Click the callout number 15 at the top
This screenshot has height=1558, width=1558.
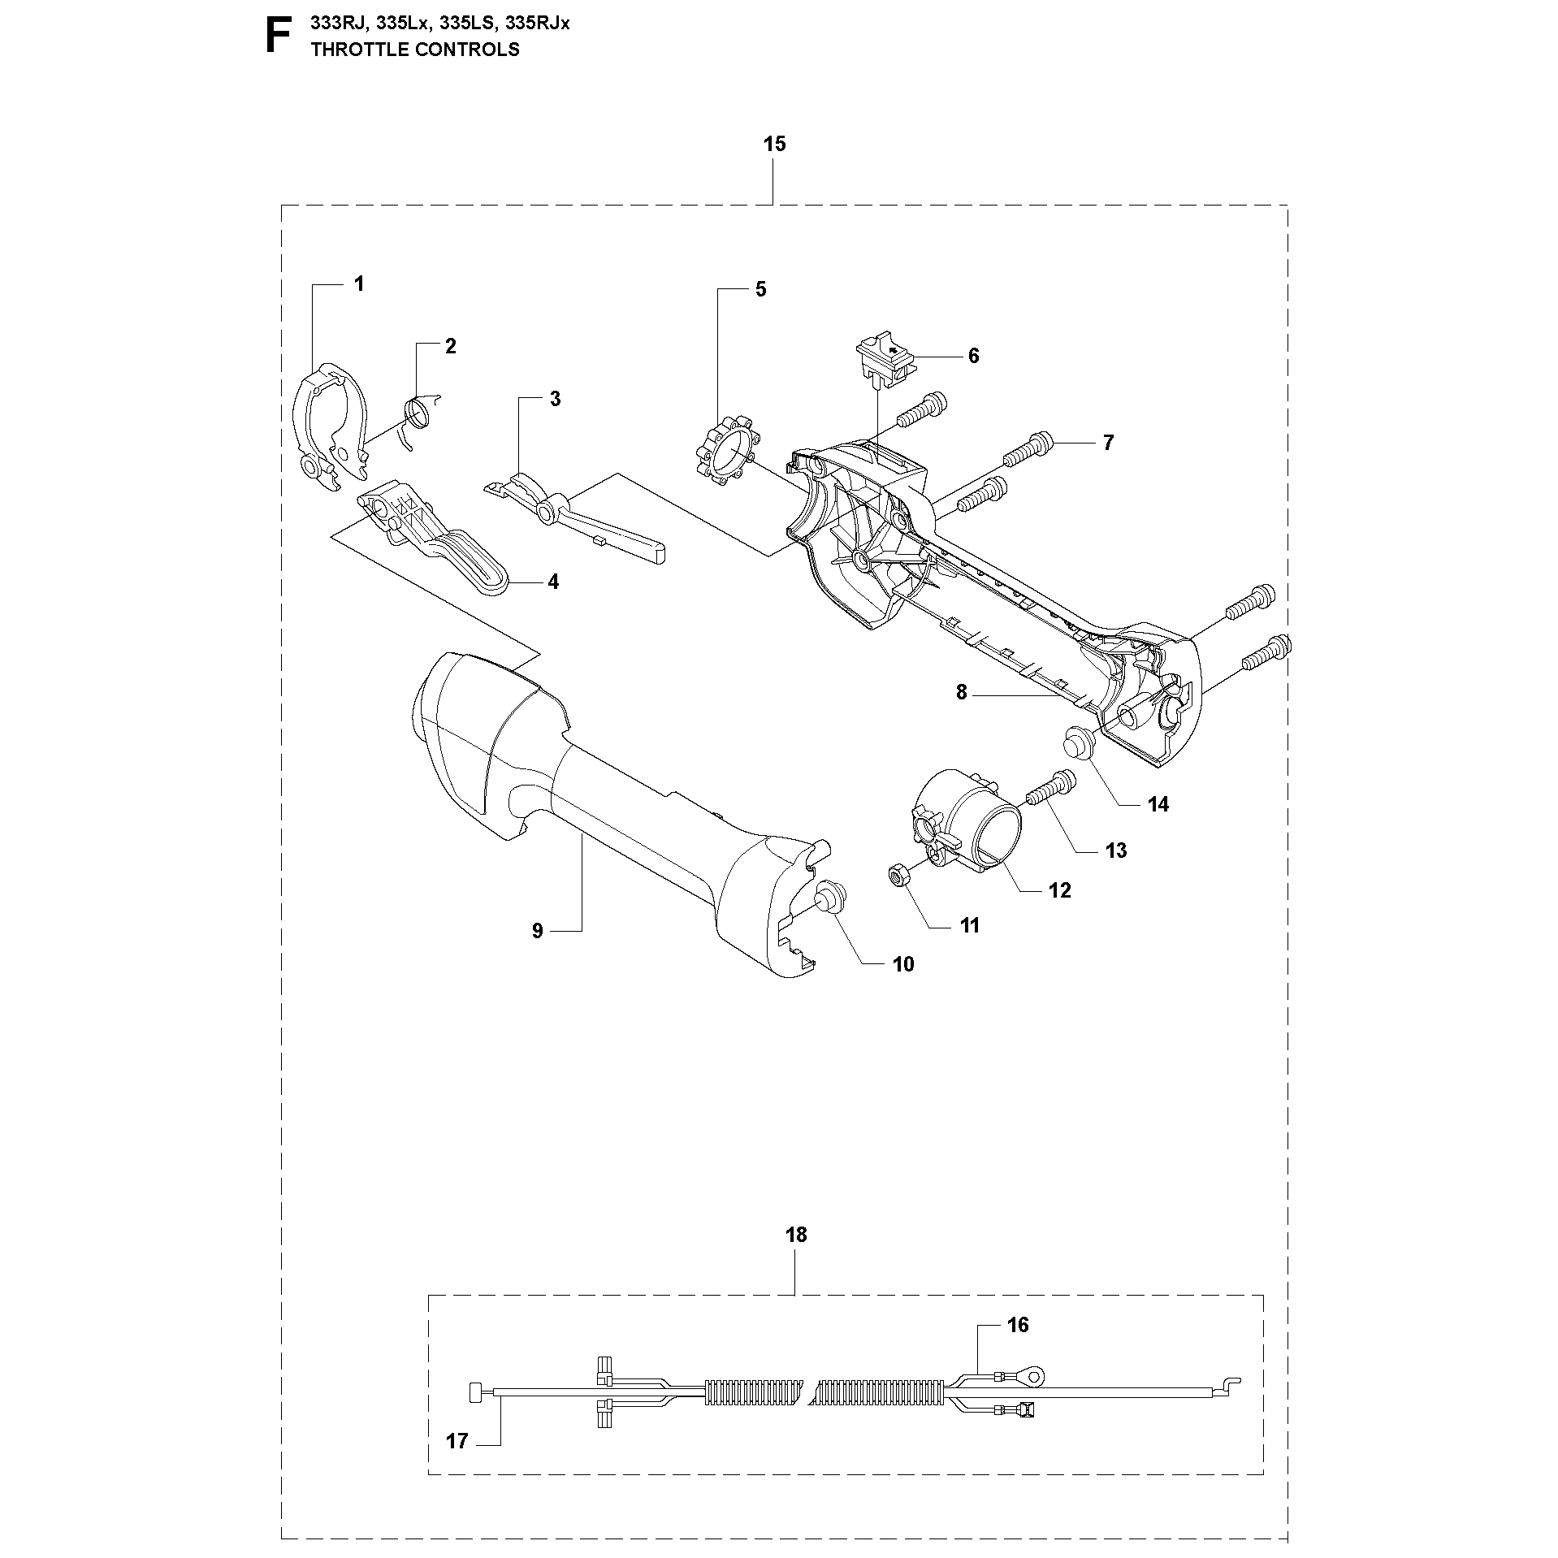click(x=774, y=145)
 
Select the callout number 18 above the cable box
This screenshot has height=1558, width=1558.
click(x=796, y=1236)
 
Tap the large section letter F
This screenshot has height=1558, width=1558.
click(x=278, y=36)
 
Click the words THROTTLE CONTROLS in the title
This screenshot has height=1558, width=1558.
click(x=415, y=50)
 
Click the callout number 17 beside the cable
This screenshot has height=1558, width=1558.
click(x=457, y=1441)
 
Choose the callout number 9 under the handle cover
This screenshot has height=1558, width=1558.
click(x=537, y=931)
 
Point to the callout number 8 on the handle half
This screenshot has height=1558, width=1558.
click(x=962, y=692)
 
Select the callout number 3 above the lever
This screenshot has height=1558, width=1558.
click(x=555, y=399)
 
